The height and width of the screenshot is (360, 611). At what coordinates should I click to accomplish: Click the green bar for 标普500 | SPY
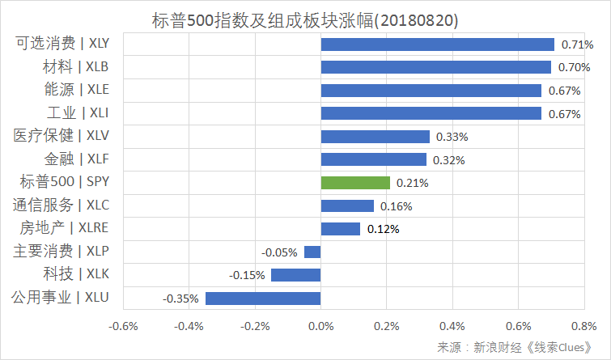355,183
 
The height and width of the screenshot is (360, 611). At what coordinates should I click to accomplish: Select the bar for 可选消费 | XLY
438,44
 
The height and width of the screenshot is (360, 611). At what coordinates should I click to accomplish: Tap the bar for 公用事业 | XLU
263,299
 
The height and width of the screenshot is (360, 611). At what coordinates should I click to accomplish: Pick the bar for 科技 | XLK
296,275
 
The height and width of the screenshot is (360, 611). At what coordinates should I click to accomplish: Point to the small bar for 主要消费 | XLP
312,252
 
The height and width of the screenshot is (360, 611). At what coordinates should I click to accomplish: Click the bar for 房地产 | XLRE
341,229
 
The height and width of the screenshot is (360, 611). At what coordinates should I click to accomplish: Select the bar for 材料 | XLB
436,67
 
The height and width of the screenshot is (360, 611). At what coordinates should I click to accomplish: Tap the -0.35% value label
180,299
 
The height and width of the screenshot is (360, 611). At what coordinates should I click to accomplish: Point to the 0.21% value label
413,183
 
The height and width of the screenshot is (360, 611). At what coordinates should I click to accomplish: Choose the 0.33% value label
452,137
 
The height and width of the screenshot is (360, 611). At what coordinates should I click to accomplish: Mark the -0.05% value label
280,252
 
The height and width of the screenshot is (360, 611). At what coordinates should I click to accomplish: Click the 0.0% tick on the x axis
321,327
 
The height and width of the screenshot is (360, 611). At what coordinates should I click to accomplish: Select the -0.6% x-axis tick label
124,327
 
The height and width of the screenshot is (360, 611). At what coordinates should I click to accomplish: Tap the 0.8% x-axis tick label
583,327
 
